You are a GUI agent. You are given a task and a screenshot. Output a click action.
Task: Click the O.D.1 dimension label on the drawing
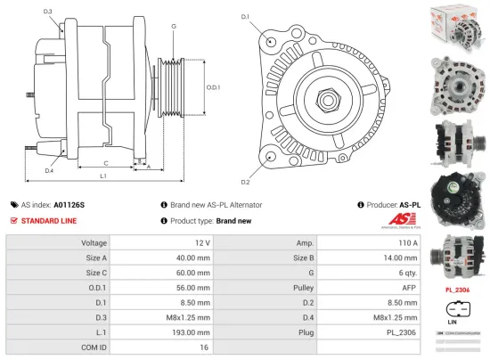212,87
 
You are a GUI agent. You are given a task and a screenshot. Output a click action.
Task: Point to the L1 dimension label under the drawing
104,176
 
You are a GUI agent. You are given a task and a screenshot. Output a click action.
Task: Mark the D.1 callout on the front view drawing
245,17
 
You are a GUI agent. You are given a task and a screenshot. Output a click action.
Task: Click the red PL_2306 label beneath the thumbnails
457,290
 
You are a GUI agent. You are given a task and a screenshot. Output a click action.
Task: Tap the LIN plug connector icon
453,311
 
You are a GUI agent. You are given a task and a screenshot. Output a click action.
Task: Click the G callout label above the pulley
173,27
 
